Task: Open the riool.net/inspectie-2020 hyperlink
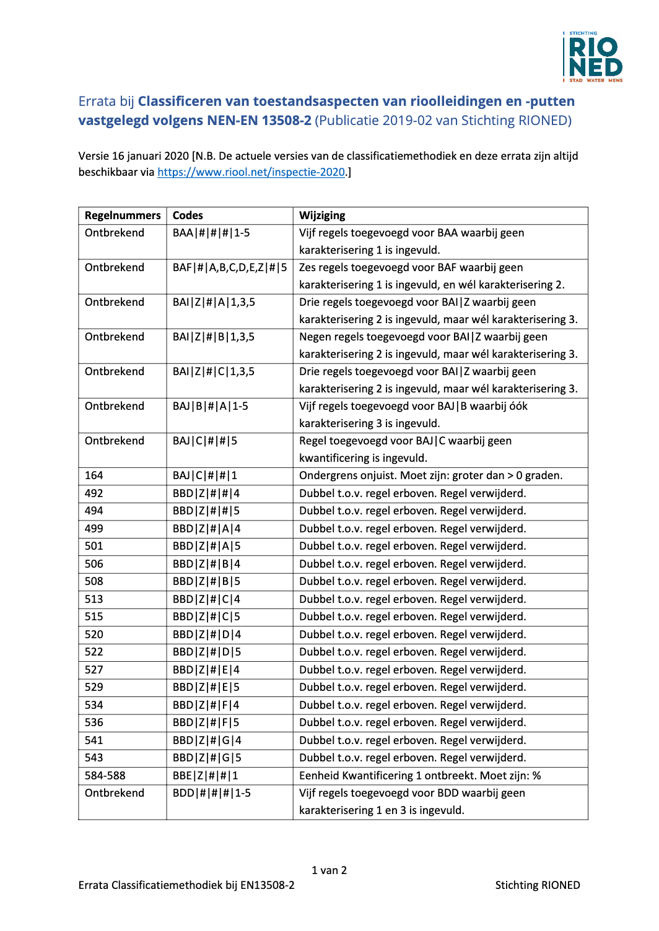pos(251,172)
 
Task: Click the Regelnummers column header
pos(123,215)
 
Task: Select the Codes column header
pos(188,215)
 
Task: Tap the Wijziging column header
pos(322,215)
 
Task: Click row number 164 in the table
pos(94,475)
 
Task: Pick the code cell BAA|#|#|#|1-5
pos(211,233)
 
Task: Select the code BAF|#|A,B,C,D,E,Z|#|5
pos(230,267)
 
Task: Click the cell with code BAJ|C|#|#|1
pos(205,475)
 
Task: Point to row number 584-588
pos(105,776)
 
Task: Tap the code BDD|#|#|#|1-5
pos(212,793)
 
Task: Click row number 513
pos(94,599)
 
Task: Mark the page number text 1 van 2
pos(329,870)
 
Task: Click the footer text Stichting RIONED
pos(538,885)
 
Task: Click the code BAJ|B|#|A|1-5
pos(211,406)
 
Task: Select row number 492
pos(94,493)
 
